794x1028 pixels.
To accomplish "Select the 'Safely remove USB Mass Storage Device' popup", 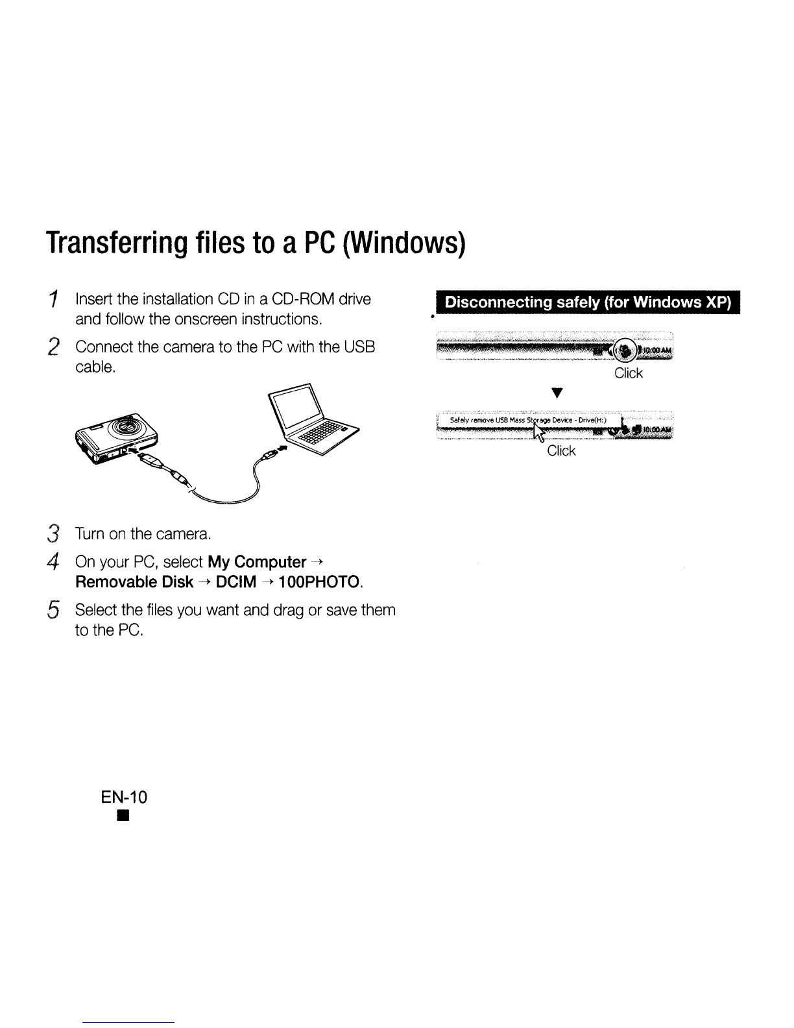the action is click(x=525, y=421).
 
